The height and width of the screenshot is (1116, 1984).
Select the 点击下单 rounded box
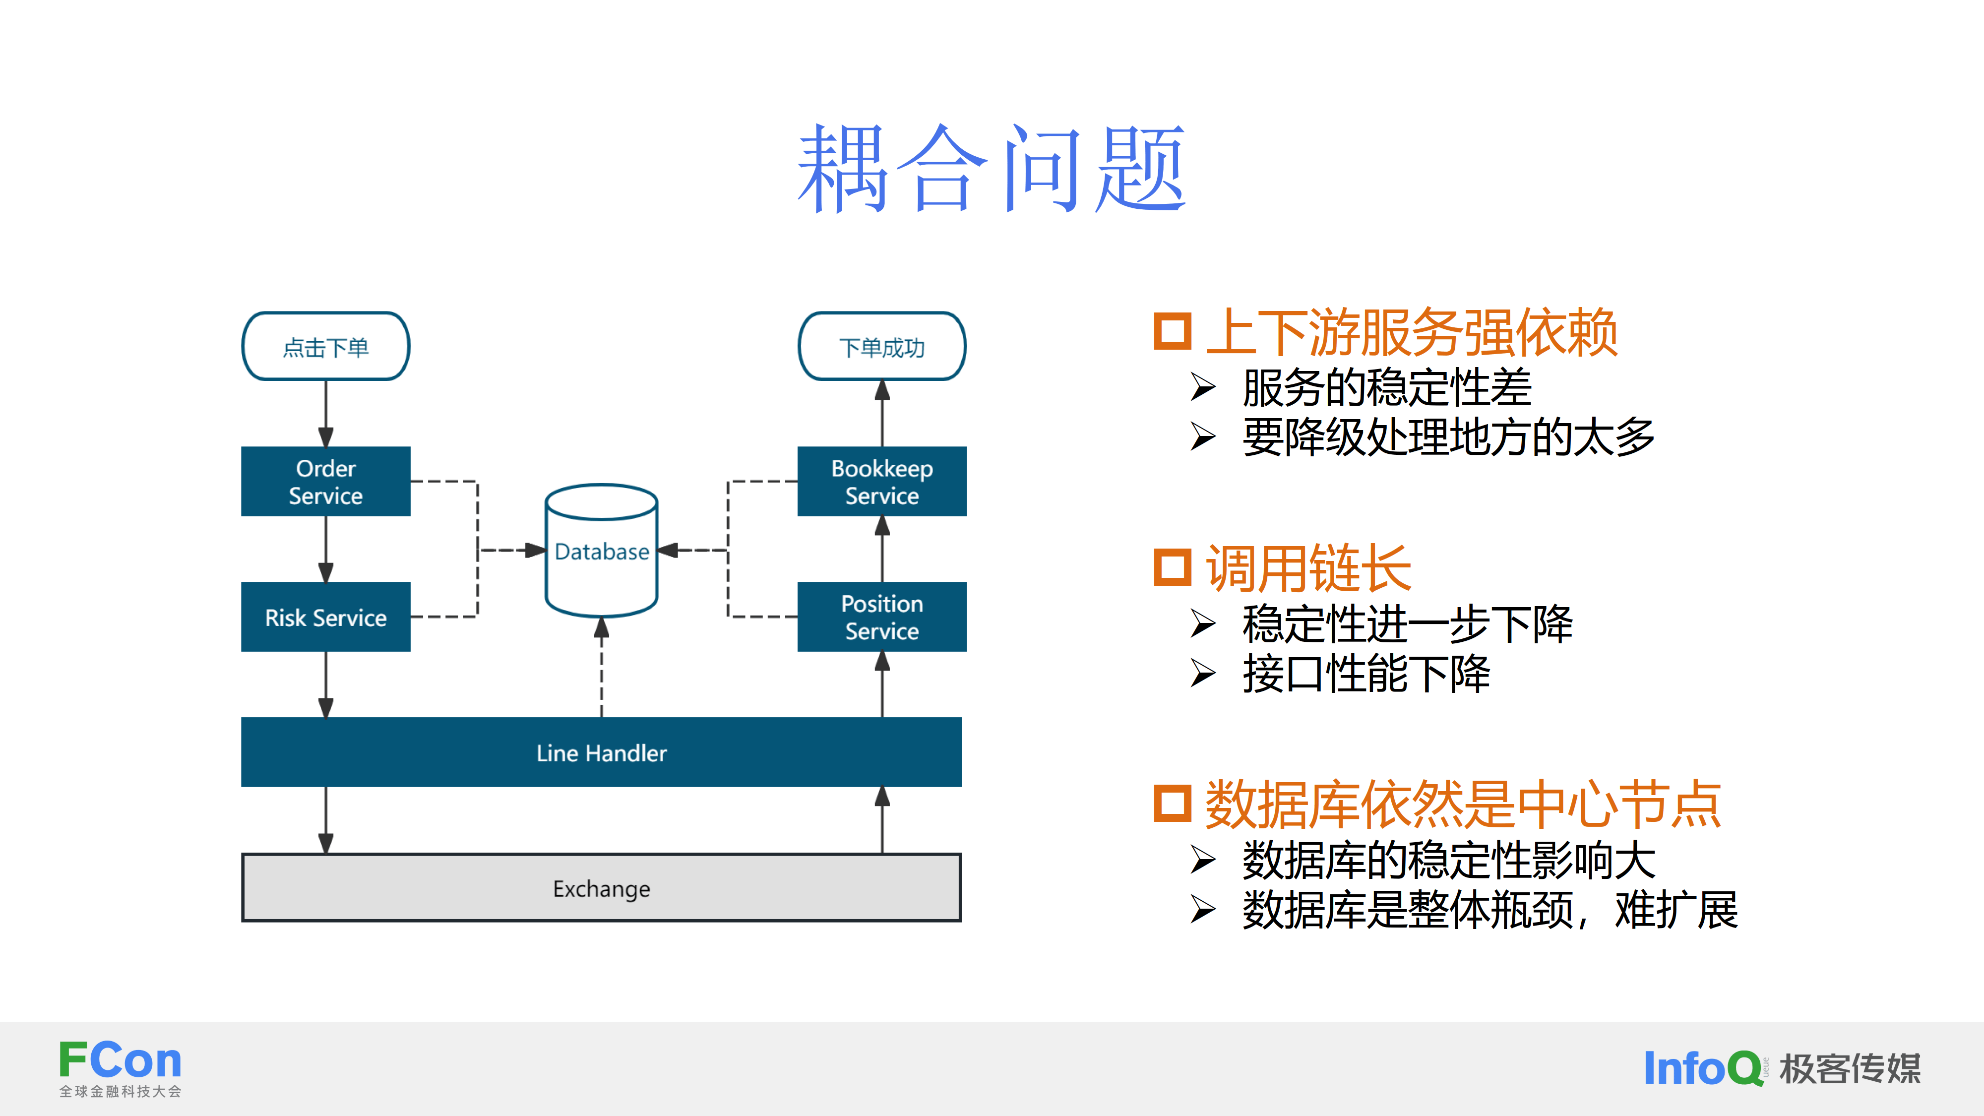click(x=326, y=347)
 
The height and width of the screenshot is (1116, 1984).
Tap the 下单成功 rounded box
click(x=882, y=347)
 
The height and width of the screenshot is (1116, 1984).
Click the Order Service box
click(x=326, y=481)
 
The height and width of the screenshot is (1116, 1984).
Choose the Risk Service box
click(x=326, y=617)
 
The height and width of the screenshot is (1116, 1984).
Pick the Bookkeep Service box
click(x=882, y=481)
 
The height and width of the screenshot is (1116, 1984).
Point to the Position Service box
click(x=882, y=617)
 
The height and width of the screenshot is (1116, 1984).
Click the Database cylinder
click(x=602, y=552)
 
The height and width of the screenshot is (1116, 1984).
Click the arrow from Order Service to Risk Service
click(x=326, y=549)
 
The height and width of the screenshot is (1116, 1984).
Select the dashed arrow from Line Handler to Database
click(x=602, y=667)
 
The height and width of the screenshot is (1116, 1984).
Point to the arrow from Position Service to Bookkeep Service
click(x=882, y=549)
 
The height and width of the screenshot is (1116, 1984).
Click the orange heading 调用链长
click(x=1308, y=568)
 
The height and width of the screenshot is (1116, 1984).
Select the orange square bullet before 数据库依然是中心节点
click(x=1172, y=804)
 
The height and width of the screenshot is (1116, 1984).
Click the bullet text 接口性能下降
click(x=1365, y=674)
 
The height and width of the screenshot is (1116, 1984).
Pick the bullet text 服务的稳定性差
click(x=1386, y=387)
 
